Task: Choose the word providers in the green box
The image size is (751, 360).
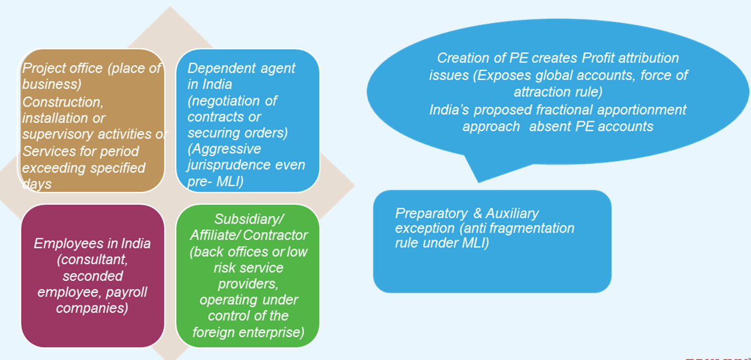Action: [x=248, y=284]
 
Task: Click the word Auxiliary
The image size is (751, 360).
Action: [x=512, y=214]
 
